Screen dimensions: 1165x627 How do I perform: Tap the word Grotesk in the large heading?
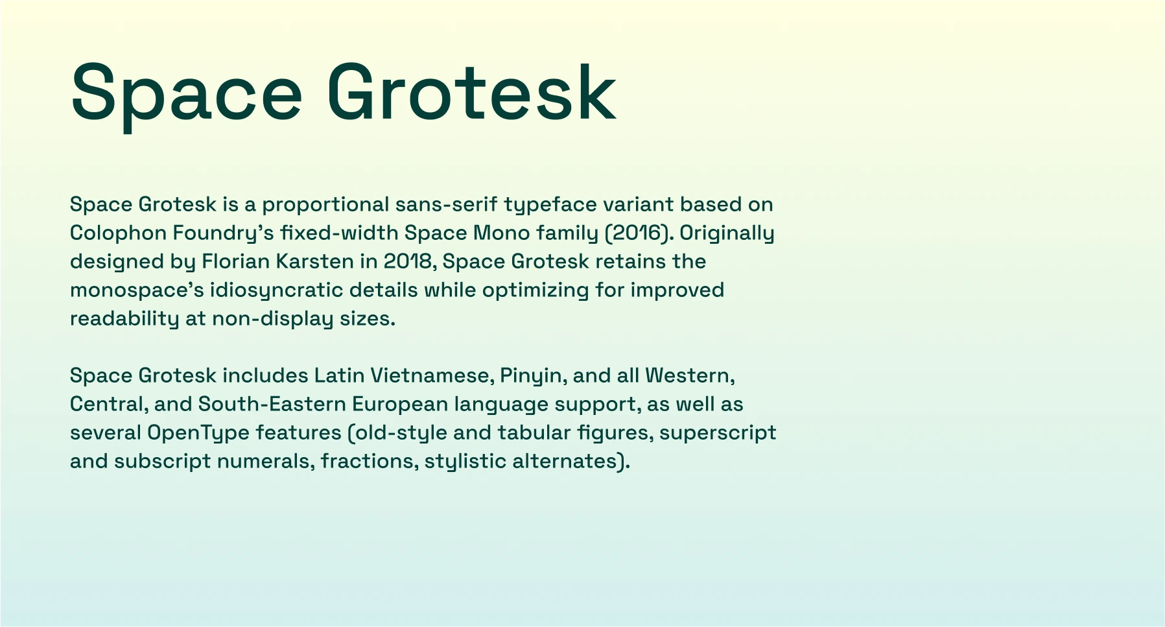click(471, 92)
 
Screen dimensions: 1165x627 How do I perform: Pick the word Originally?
click(727, 233)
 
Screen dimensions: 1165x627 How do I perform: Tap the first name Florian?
click(236, 261)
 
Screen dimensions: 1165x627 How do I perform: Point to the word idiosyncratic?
click(277, 291)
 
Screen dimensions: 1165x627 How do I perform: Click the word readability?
click(124, 320)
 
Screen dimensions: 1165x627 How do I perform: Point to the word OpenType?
click(198, 434)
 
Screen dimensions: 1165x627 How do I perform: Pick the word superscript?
click(718, 434)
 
